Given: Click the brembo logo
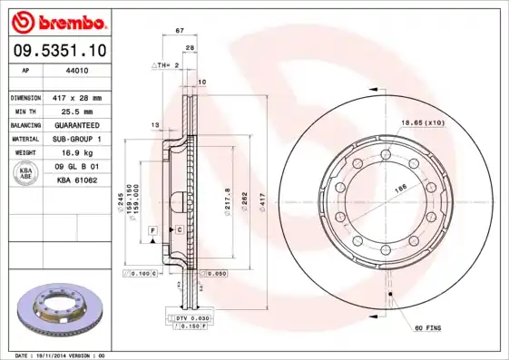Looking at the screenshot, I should pos(56,21).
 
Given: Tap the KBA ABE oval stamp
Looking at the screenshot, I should pos(27,174).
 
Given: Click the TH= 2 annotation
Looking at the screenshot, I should pos(162,66).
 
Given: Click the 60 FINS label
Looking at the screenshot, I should pos(428,327).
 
